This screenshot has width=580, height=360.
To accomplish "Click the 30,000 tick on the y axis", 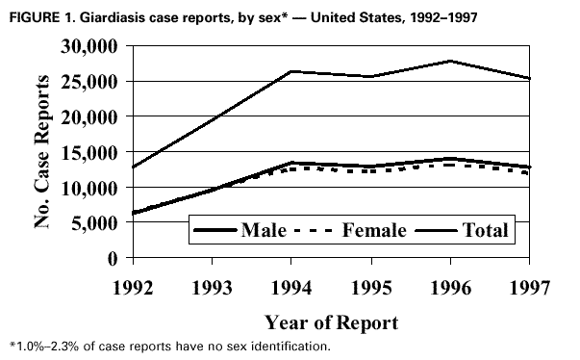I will coord(88,46).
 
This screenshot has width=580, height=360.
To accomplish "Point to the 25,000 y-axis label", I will coord(88,82).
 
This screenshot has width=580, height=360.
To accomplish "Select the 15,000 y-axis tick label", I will coord(88,152).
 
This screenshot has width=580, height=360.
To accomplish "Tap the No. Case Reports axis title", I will coord(43,152).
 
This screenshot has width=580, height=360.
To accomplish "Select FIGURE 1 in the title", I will coord(36,14).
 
